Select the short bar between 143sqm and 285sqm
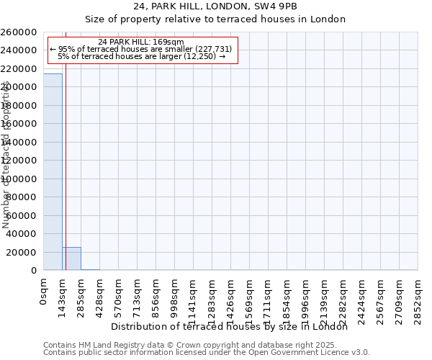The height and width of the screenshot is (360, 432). [71, 258]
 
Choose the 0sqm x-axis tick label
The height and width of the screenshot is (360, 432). [44, 293]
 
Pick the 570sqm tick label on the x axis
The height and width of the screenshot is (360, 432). [119, 296]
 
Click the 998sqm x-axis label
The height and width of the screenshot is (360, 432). [175, 296]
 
